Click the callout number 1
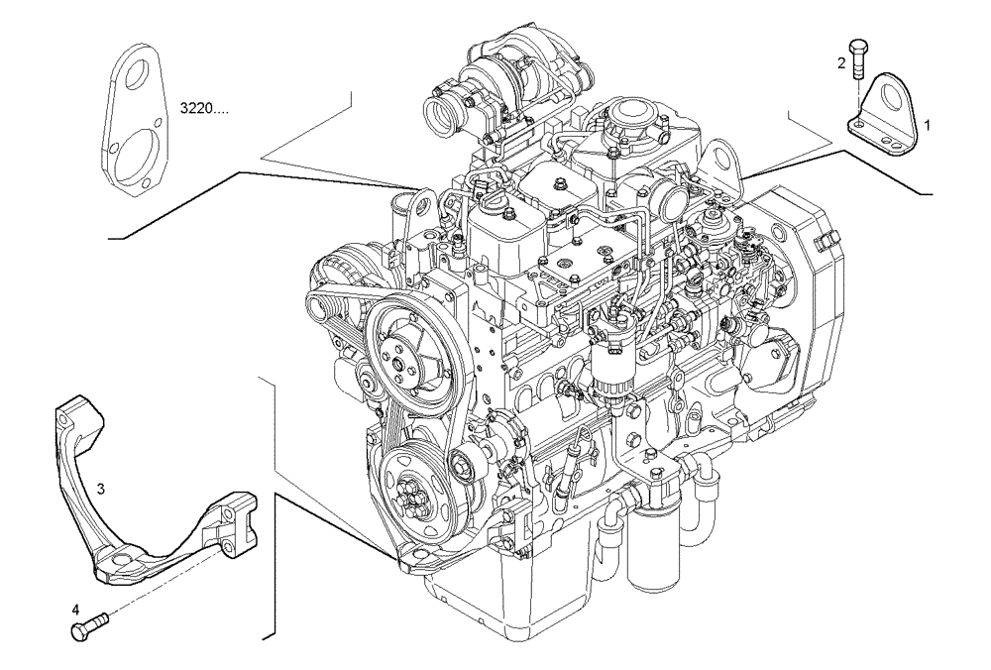pos(928,125)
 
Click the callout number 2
pos(841,63)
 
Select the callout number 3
pos(101,489)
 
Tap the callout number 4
pos(74,609)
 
